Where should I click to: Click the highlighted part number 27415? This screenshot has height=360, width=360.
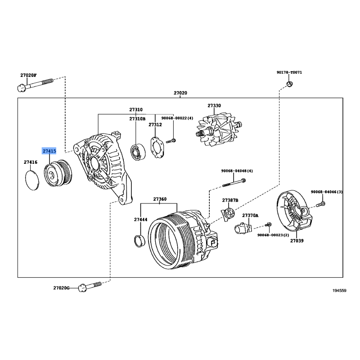pyautogui.click(x=49, y=151)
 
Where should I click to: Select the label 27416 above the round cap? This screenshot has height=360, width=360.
pyautogui.click(x=31, y=162)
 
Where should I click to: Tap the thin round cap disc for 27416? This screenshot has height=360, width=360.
pyautogui.click(x=32, y=180)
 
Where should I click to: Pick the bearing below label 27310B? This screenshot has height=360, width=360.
pyautogui.click(x=138, y=152)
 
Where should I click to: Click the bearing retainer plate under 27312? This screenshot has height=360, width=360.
pyautogui.click(x=157, y=148)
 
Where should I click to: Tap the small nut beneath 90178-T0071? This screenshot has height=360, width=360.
pyautogui.click(x=290, y=84)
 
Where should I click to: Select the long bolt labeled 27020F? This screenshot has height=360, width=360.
pyautogui.click(x=35, y=85)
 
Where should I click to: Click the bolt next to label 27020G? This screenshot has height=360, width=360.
pyautogui.click(x=90, y=286)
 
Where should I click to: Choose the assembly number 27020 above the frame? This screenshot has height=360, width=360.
pyautogui.click(x=180, y=93)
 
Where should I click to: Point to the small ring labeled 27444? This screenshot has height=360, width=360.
pyautogui.click(x=139, y=241)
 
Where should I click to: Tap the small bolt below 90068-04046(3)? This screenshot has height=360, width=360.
pyautogui.click(x=320, y=204)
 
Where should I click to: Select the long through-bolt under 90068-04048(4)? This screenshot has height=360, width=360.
pyautogui.click(x=234, y=183)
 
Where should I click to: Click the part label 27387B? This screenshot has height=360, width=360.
pyautogui.click(x=230, y=200)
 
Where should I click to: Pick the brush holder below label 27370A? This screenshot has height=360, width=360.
pyautogui.click(x=243, y=228)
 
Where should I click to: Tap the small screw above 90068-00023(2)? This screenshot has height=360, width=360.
pyautogui.click(x=268, y=224)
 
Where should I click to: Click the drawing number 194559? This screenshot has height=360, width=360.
pyautogui.click(x=339, y=291)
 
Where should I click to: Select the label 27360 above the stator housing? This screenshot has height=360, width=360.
pyautogui.click(x=160, y=199)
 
